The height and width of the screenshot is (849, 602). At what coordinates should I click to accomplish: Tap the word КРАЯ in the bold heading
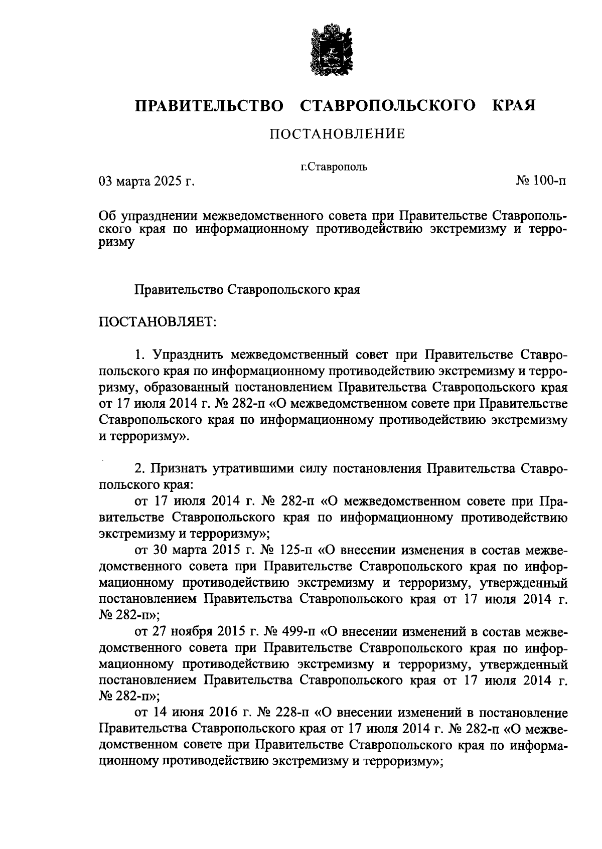click(x=514, y=105)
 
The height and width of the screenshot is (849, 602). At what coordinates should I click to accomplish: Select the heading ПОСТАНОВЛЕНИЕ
click(x=337, y=134)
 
